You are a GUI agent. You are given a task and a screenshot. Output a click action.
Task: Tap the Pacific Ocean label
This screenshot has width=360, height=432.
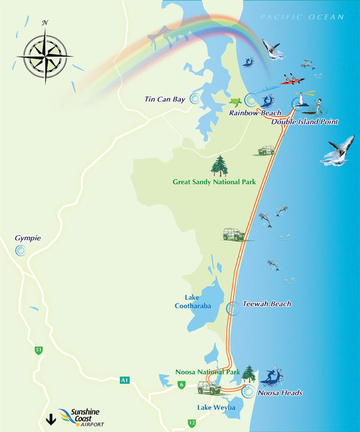301,17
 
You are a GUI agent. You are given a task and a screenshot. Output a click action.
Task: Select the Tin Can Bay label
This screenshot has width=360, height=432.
164,99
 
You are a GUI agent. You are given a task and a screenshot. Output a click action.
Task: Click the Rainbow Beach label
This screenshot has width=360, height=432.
255,113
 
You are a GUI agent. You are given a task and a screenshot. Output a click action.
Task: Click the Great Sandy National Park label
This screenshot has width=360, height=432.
214,182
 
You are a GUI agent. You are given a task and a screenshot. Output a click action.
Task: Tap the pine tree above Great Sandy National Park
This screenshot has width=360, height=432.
219,165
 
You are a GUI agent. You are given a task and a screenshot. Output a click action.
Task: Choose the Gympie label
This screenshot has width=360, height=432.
28,238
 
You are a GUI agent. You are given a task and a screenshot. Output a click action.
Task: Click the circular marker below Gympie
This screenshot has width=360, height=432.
20,251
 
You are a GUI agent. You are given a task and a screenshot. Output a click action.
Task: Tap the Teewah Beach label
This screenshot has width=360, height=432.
266,304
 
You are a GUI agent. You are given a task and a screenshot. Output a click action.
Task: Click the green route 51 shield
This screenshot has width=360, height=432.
39,350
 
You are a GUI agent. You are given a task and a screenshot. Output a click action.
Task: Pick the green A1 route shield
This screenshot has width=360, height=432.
125,380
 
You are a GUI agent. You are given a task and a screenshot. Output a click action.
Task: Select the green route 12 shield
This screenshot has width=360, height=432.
192,423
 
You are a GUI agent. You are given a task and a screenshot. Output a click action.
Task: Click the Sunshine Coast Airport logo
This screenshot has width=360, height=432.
79,417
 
